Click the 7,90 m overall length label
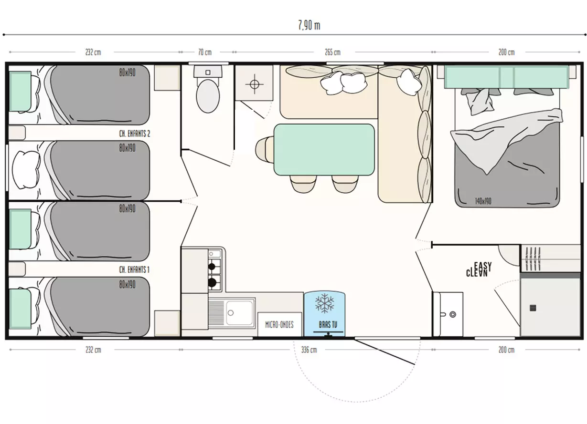(x=309, y=25)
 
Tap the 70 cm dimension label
(x=205, y=52)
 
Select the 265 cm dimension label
(x=332, y=52)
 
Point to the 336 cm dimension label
(x=309, y=350)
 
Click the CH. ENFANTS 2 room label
(x=135, y=134)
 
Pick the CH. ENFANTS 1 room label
(x=134, y=269)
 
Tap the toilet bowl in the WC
(x=208, y=96)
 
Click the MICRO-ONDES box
(x=279, y=324)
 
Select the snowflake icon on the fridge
(x=324, y=303)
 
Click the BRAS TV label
(x=328, y=325)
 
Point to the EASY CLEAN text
(x=479, y=269)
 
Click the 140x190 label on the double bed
(x=483, y=201)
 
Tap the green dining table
(x=324, y=150)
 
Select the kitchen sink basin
(x=239, y=312)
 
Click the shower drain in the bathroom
(x=533, y=308)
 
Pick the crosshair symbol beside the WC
(x=254, y=84)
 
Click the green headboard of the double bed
(x=507, y=77)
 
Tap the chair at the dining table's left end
(x=265, y=150)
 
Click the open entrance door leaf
(x=384, y=351)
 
